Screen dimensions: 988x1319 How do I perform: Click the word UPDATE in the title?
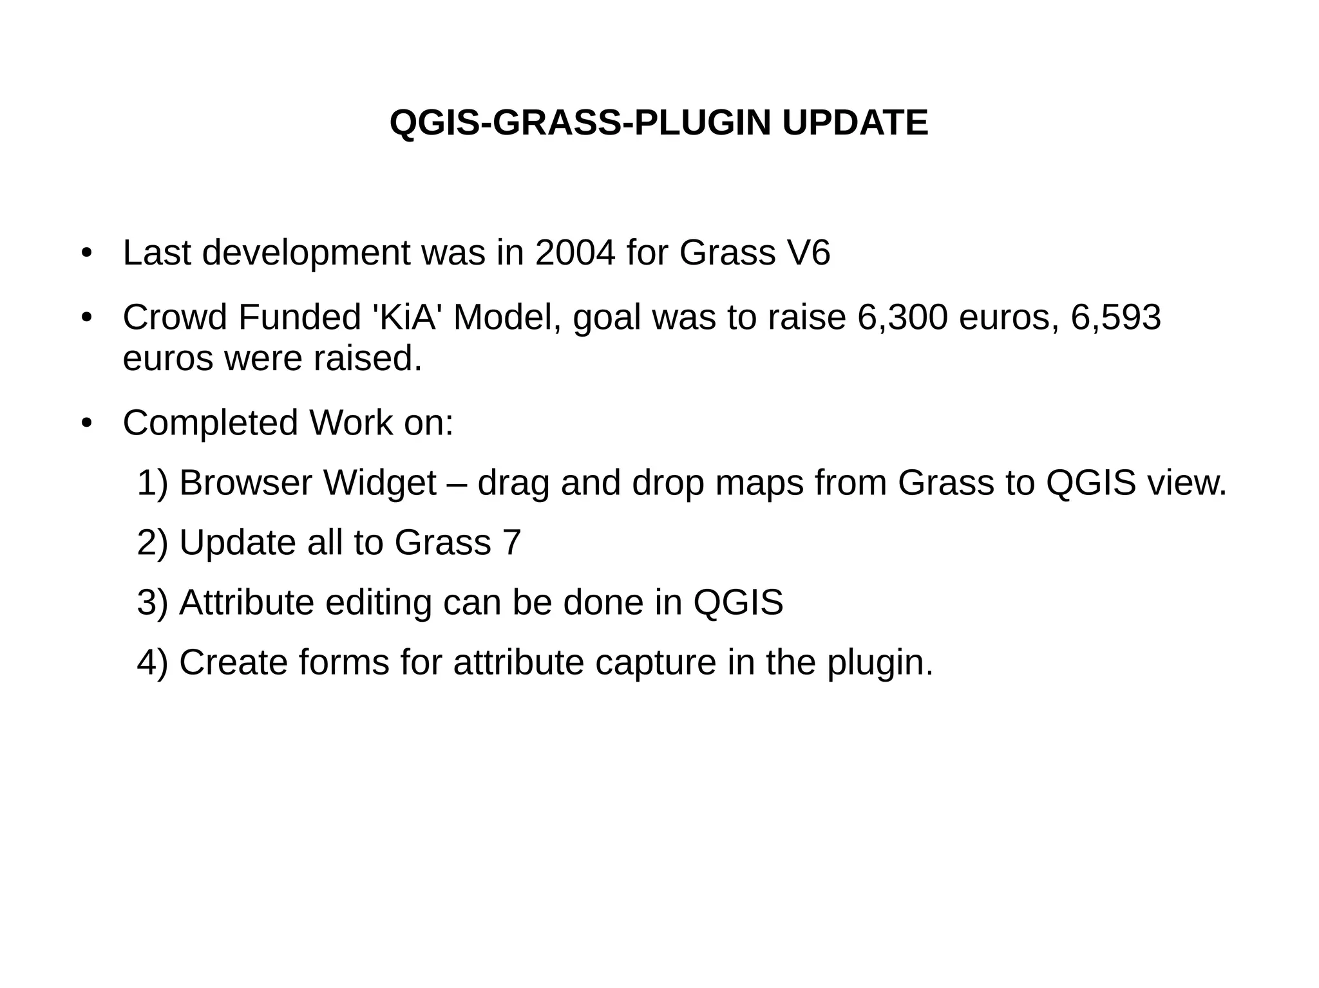[x=855, y=123]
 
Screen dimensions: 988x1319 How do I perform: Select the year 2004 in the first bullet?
[x=575, y=252]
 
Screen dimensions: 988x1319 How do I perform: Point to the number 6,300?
[x=902, y=317]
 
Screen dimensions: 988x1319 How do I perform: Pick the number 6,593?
[x=1116, y=317]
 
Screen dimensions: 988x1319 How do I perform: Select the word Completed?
[x=211, y=424]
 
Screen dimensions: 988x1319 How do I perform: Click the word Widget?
[x=380, y=483]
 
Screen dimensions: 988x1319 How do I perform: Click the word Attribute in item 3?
[x=247, y=602]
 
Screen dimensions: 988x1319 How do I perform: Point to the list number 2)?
[x=153, y=543]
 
